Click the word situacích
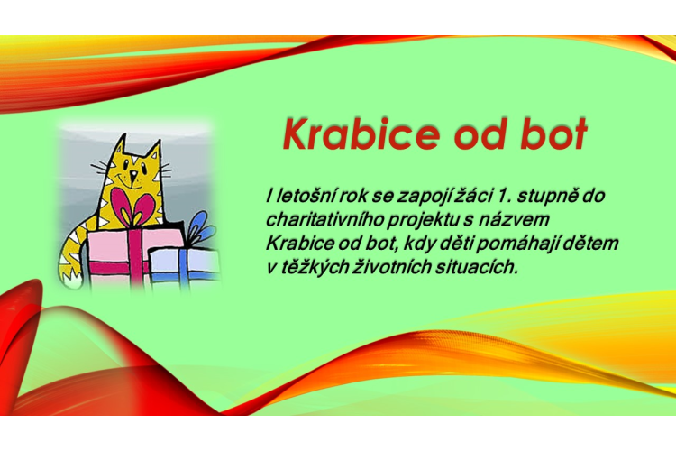tap(476, 267)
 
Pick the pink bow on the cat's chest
tap(132, 207)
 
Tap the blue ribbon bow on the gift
tap(201, 229)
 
